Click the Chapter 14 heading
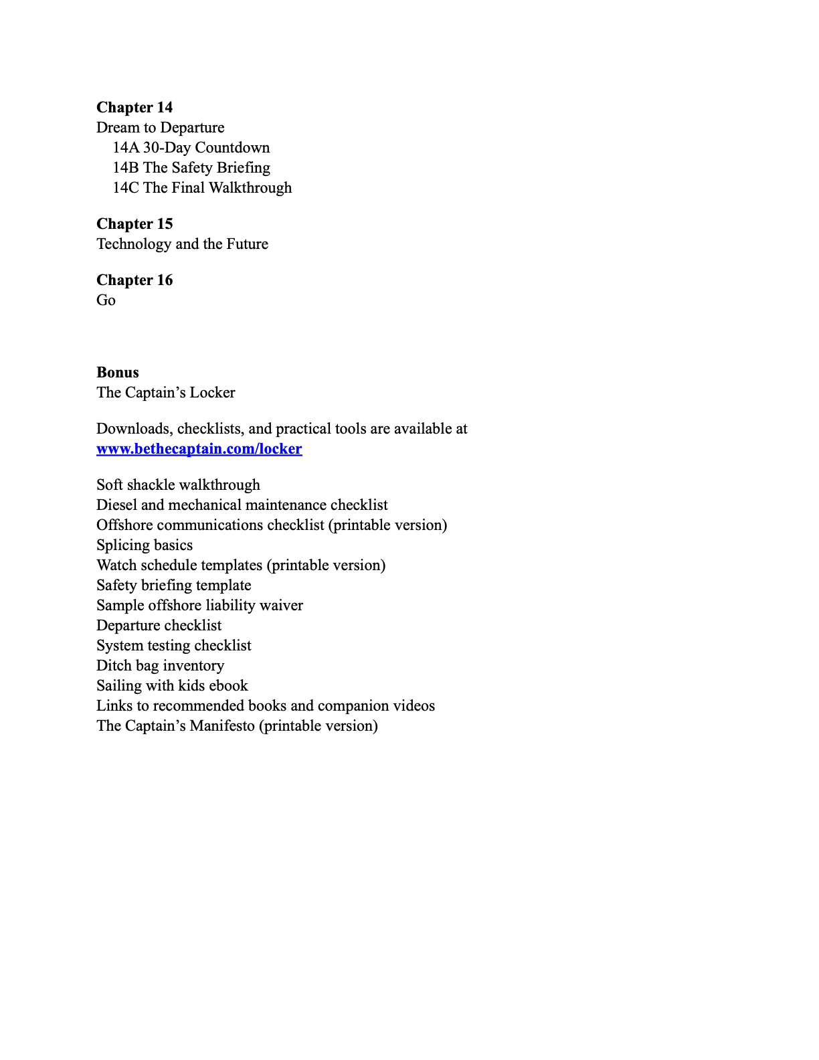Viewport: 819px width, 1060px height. (x=134, y=108)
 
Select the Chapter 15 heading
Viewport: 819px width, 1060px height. (x=134, y=224)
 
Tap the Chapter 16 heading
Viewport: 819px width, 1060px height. (x=134, y=280)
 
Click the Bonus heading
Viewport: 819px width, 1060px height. (x=118, y=373)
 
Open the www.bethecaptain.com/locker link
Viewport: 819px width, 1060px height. (x=199, y=449)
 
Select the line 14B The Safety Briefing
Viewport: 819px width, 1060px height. (x=191, y=168)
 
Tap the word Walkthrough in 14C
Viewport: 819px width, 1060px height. (x=250, y=188)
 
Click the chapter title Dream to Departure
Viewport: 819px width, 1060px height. (x=161, y=128)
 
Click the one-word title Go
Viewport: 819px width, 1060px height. (x=106, y=300)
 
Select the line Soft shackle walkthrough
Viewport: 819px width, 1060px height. (x=178, y=485)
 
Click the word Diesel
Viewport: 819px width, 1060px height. (x=116, y=505)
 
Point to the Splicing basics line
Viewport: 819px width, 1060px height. (x=145, y=545)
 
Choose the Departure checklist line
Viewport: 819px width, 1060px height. (x=159, y=626)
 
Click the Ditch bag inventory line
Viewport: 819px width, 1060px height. (x=161, y=666)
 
